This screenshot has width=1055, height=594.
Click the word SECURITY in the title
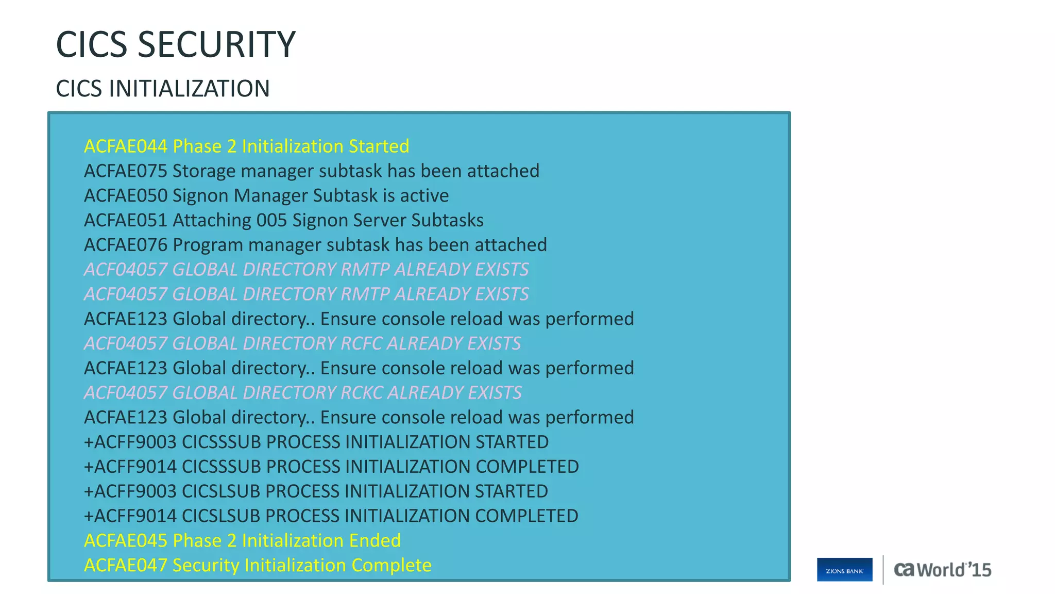point(216,44)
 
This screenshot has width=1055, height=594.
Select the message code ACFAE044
point(126,146)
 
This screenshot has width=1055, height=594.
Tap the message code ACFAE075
point(126,171)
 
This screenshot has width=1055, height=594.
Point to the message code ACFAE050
point(126,196)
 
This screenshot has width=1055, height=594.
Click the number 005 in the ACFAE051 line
point(271,221)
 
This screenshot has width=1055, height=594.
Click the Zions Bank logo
point(844,570)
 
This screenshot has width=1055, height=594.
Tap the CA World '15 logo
point(942,570)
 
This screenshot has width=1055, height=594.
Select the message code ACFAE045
point(126,541)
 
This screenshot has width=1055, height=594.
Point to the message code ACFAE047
point(126,566)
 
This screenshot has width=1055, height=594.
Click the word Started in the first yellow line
point(379,146)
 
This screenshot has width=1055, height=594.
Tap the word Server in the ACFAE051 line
point(379,221)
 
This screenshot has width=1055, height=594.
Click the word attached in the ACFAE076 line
point(511,245)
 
